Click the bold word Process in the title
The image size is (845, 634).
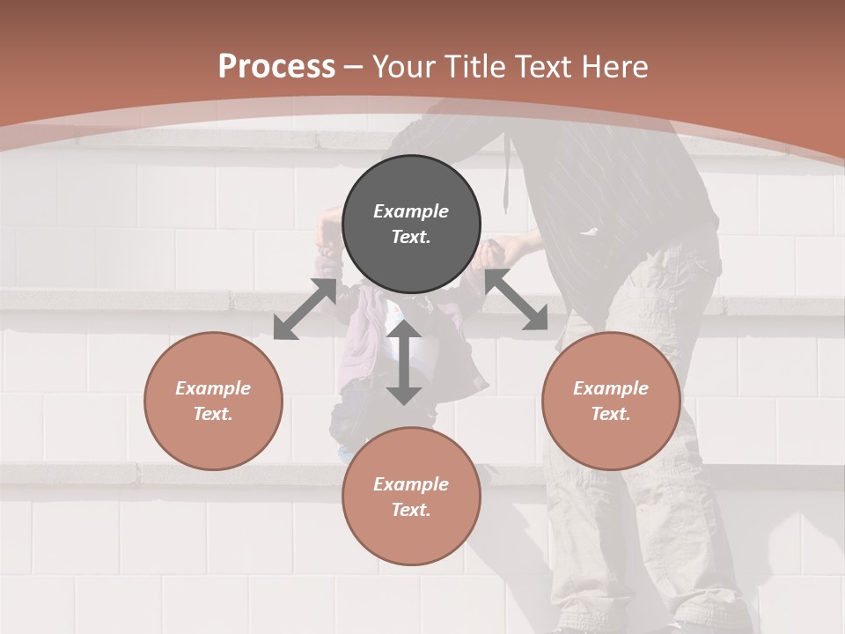click(x=276, y=67)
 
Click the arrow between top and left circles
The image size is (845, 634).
click(x=305, y=308)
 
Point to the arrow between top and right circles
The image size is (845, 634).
click(x=516, y=299)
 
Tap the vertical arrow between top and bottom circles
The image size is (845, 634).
click(x=404, y=362)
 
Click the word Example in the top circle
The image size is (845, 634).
click(x=411, y=211)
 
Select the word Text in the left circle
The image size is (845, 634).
click(x=213, y=414)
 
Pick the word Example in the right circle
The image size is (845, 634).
click(x=611, y=388)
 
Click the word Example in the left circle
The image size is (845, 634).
click(x=213, y=388)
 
